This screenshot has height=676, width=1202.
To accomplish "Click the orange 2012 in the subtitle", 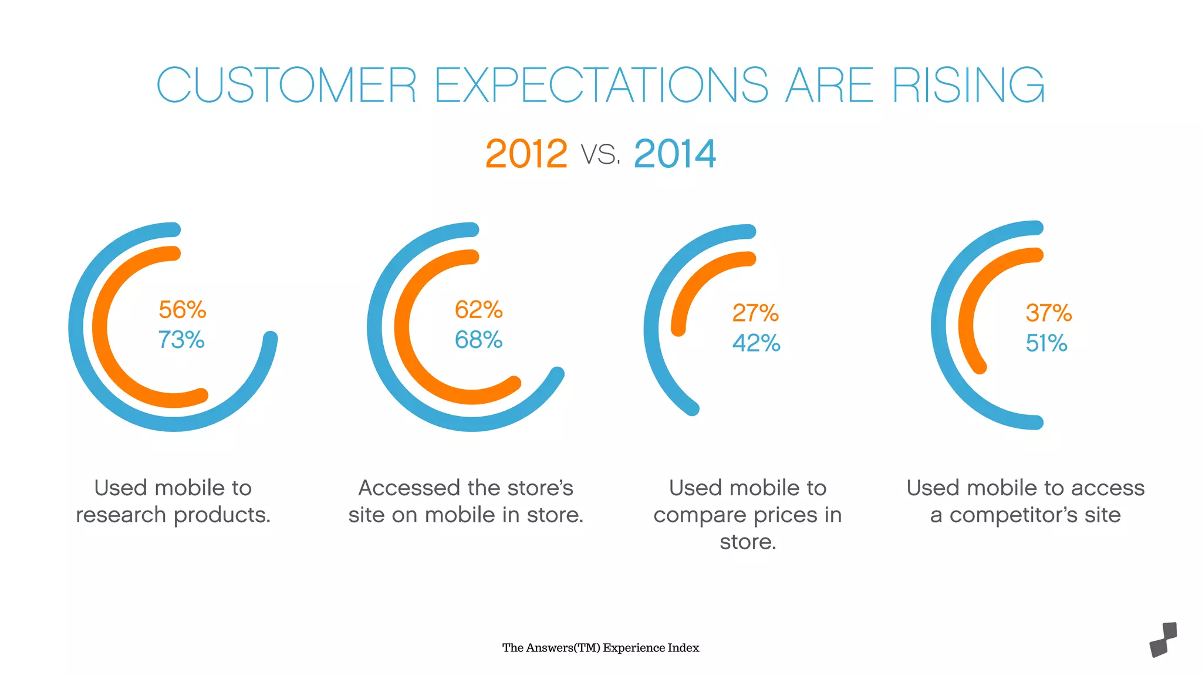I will coord(526,154).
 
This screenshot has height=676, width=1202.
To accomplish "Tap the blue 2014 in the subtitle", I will coord(675,154).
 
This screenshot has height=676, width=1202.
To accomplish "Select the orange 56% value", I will coord(183,310).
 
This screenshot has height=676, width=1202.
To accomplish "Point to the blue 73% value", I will coord(181,340).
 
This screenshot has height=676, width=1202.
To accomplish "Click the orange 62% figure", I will coord(479,310).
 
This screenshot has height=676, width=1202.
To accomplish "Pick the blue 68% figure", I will coord(479,340).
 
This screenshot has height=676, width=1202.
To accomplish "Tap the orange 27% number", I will coord(755,313).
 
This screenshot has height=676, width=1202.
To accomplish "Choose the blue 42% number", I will coord(757,343).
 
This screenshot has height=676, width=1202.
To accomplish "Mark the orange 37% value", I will coord(1049,313).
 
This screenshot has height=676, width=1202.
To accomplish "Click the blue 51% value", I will coord(1046,343).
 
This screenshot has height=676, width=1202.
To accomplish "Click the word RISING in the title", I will coord(968,86).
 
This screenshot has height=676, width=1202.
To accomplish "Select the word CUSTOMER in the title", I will coord(286,86).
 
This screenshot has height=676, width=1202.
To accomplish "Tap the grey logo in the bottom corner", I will coord(1163,640).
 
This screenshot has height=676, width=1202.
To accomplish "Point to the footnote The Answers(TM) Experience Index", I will coord(600,648).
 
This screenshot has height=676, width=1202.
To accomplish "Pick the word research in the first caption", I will coord(121,515).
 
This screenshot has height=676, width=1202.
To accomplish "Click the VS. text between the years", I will coord(600,155).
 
